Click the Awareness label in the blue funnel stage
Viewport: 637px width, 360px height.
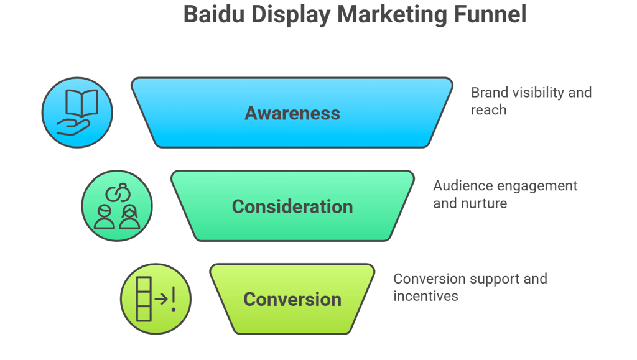[x=292, y=113]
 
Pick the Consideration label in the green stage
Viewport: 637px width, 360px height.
[x=292, y=206]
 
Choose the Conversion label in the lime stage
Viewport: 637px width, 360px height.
[x=292, y=300]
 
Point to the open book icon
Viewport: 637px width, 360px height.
[x=81, y=103]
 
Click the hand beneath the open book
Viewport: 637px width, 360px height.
[x=73, y=127]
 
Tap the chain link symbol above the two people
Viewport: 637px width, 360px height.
[x=118, y=193]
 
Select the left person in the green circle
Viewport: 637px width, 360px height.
[x=105, y=217]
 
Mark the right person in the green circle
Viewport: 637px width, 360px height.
[x=129, y=217]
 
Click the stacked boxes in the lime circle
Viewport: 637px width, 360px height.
[x=144, y=299]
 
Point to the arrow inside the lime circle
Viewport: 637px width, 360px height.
[x=161, y=299]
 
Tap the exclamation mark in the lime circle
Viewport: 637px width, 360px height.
[x=174, y=299]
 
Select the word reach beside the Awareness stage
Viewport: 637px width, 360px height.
[x=489, y=110]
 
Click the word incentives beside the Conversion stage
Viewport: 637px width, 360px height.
[x=425, y=297]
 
